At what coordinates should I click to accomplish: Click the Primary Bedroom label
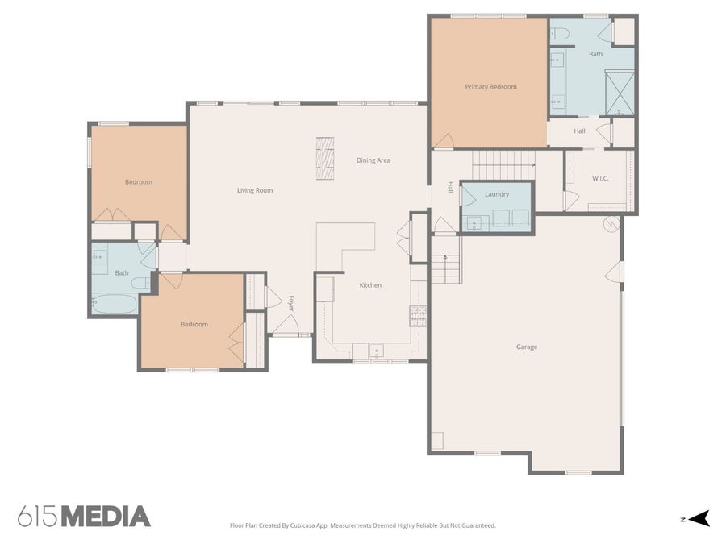[x=490, y=86]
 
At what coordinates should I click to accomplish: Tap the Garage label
[x=527, y=347]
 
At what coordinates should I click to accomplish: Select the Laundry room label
[x=497, y=194]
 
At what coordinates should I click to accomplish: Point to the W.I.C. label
[x=600, y=178]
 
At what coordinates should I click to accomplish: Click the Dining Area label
[x=373, y=160]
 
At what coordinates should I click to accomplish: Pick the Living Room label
[x=255, y=190]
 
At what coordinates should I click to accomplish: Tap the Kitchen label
[x=370, y=285]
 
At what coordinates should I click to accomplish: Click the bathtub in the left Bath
[x=115, y=304]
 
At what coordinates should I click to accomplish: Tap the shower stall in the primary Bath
[x=620, y=93]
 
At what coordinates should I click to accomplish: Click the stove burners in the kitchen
[x=418, y=317]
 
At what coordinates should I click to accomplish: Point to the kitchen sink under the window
[x=376, y=351]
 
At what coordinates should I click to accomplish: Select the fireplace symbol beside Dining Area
[x=325, y=158]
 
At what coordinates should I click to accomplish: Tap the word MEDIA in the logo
[x=106, y=517]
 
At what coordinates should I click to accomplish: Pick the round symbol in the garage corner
[x=611, y=225]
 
